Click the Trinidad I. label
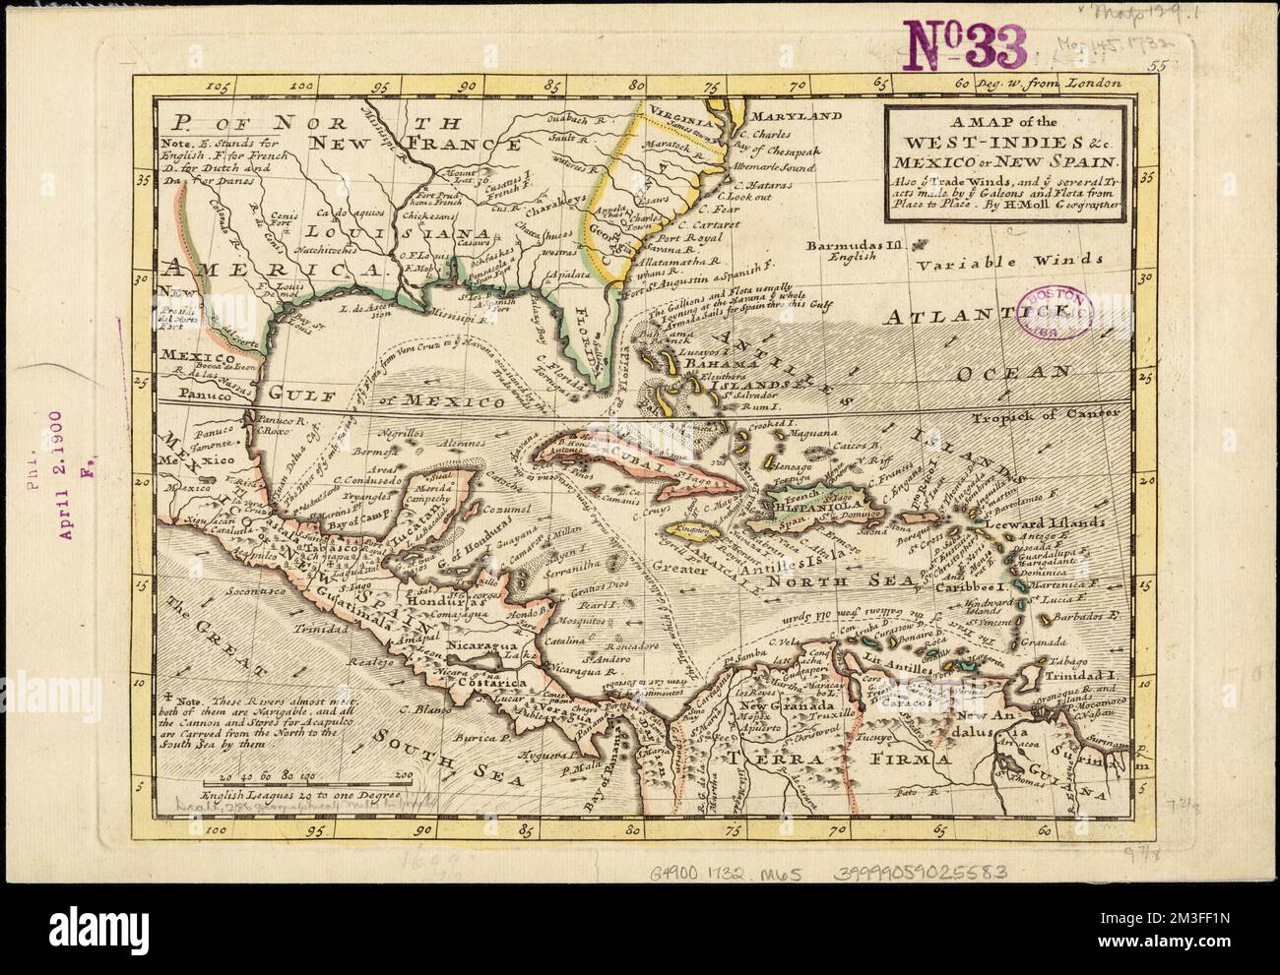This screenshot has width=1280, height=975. pos(1086,677)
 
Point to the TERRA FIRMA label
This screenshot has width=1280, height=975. pos(847,759)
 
